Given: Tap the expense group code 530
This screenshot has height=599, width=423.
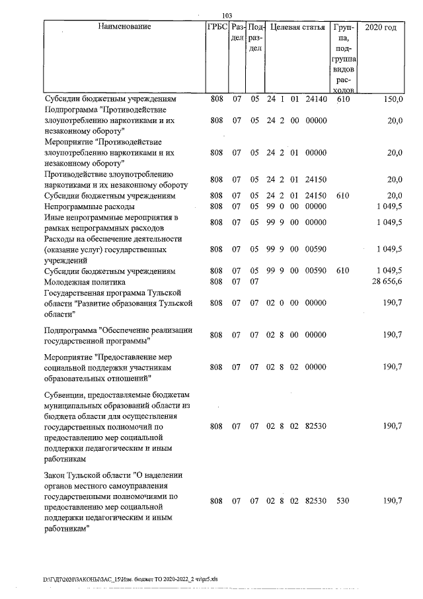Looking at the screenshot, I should [x=342, y=501].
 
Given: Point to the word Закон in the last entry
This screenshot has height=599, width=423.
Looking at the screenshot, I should [x=57, y=475].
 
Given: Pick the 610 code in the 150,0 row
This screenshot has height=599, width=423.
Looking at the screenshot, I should [x=342, y=99].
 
